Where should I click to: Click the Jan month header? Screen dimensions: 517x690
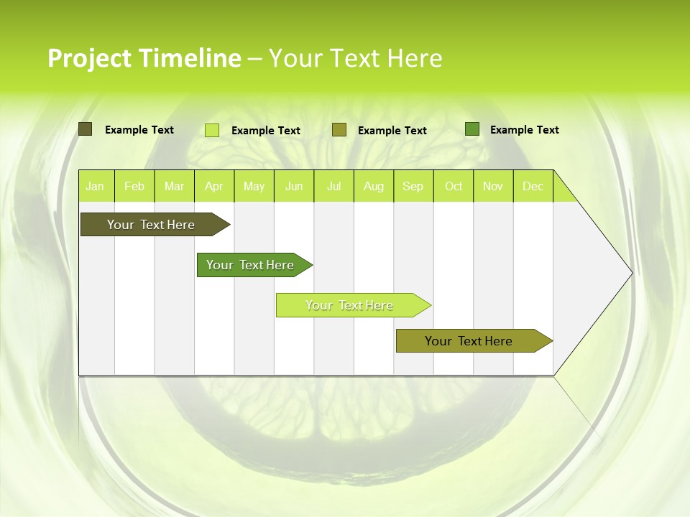coord(95,187)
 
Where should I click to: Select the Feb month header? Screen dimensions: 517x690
coord(134,187)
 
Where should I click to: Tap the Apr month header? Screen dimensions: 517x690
coord(214,187)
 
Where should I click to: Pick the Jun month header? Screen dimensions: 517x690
coord(294,187)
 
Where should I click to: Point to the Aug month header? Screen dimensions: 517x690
coord(374,187)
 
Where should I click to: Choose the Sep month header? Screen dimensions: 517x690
coord(413,187)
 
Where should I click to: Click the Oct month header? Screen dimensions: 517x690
coord(454,187)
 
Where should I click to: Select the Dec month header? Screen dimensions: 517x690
coord(533,187)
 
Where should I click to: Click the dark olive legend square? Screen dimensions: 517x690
coord(85,129)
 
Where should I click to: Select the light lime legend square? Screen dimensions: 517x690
coord(212,130)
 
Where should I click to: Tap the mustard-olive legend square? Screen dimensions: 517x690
coord(339,130)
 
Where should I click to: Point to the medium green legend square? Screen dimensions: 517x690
coord(472,129)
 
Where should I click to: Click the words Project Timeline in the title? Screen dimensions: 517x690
coord(144,58)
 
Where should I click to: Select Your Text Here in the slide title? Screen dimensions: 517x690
coord(356,58)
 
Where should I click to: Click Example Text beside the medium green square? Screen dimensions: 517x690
coord(525,130)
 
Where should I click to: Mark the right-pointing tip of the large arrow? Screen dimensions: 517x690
coord(631,273)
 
